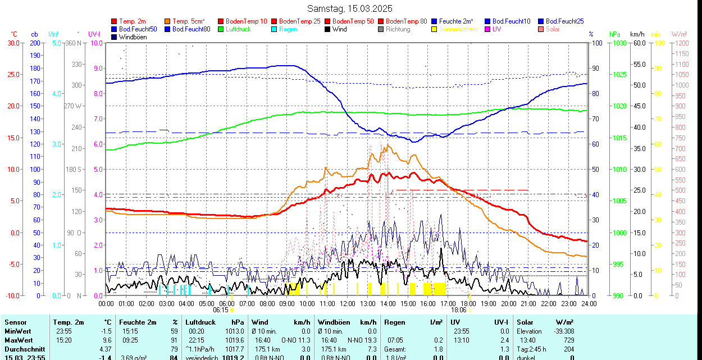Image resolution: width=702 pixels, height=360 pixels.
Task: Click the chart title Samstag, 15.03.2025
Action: [350, 8]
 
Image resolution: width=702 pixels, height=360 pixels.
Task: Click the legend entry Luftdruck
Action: [238, 29]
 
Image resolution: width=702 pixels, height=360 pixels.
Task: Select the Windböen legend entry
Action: [133, 37]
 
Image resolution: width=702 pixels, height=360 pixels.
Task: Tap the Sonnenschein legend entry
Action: [458, 29]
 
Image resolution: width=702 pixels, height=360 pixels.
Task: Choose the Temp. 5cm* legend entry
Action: [189, 21]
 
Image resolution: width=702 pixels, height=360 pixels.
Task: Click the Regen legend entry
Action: [288, 29]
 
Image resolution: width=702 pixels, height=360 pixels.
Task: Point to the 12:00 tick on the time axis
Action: [347, 303]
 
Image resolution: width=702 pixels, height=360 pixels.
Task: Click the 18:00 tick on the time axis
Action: [468, 303]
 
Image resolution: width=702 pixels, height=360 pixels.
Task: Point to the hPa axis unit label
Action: [615, 34]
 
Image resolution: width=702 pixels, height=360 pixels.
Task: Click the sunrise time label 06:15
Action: [221, 309]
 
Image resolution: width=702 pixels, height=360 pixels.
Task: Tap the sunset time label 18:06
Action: [459, 309]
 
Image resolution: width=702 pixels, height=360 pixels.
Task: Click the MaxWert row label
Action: [19, 340]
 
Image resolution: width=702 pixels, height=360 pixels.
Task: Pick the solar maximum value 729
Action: [568, 340]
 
